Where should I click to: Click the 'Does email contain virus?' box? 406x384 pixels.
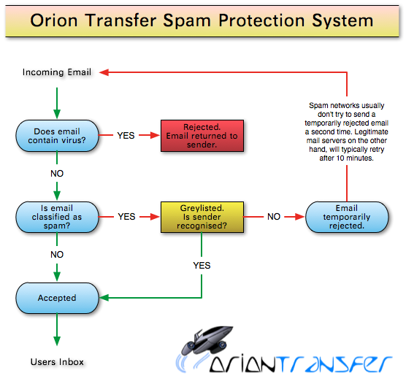point(57,136)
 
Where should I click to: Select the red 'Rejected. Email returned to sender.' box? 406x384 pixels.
point(202,136)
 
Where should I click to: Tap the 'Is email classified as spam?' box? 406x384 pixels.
point(57,217)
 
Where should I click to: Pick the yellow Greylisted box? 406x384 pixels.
point(202,217)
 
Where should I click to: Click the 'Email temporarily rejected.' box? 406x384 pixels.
point(347,217)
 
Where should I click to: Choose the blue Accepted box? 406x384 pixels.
point(57,298)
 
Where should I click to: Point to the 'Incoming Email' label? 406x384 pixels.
point(57,72)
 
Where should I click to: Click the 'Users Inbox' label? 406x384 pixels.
point(57,361)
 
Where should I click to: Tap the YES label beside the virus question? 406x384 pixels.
point(126,136)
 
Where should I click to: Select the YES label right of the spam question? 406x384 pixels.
point(126,217)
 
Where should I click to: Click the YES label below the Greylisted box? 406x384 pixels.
point(202,266)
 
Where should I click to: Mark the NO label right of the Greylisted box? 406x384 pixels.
point(274,217)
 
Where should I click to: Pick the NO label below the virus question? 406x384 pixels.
point(57,174)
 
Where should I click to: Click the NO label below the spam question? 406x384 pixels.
point(57,255)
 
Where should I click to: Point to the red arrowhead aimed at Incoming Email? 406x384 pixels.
point(104,72)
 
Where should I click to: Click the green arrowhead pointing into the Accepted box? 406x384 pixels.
point(104,298)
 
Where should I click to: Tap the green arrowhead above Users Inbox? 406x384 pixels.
point(57,341)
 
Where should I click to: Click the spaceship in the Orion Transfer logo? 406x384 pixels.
point(207,340)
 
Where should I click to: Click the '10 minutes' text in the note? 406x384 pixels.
point(355,158)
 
